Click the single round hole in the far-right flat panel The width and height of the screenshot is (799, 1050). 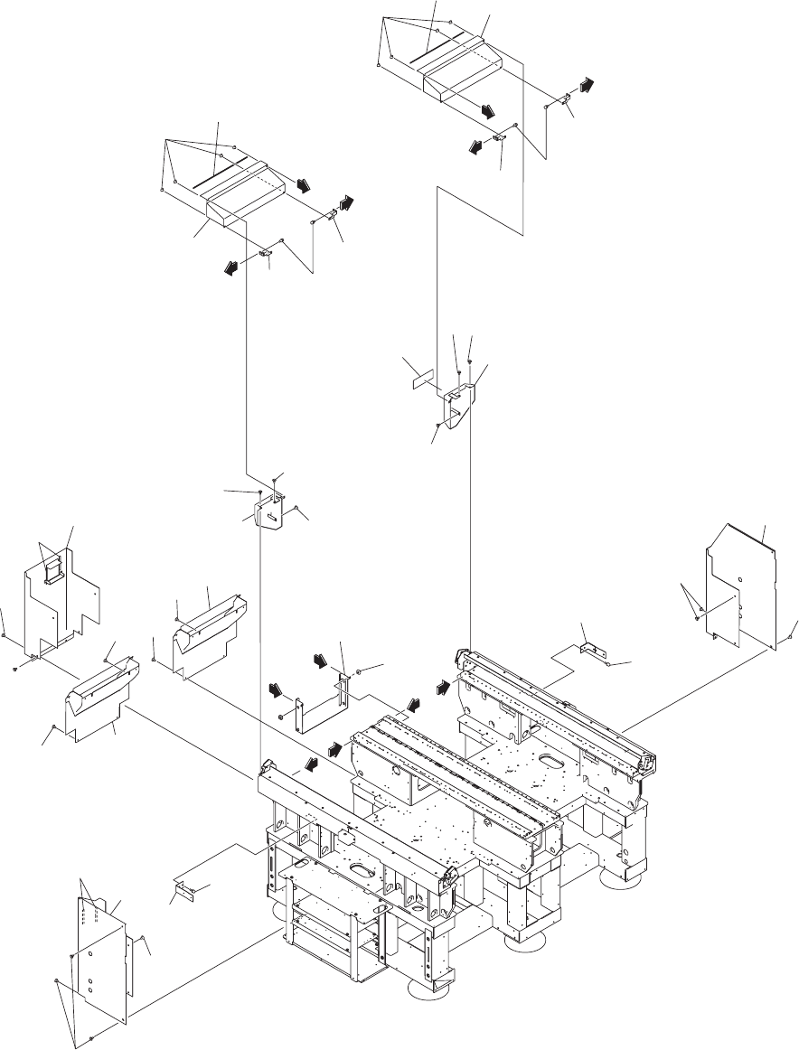(740, 576)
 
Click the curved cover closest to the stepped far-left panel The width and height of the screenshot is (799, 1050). (101, 692)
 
